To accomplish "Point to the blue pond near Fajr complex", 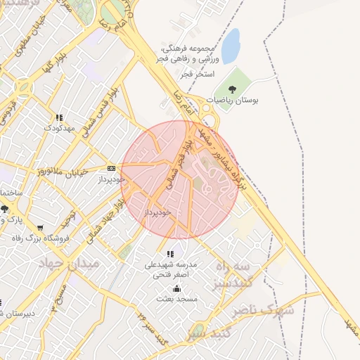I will click(231, 37).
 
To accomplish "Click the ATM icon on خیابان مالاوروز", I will click(112, 168).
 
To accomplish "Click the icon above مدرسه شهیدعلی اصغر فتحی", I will click(169, 254).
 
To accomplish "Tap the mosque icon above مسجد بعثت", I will click(176, 288).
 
